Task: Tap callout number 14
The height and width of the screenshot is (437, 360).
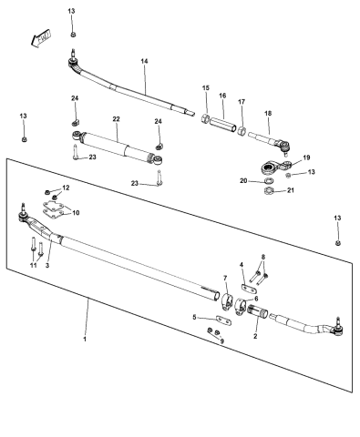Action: tap(144, 61)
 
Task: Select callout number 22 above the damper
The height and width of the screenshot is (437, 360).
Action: tap(116, 119)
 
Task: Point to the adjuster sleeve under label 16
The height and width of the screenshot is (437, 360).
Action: tap(221, 120)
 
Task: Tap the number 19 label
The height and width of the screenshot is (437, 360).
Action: tap(306, 157)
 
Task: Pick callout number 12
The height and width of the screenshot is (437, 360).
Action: tap(65, 188)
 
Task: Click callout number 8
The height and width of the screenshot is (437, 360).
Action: tap(263, 258)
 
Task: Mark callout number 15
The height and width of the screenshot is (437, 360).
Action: tap(205, 87)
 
